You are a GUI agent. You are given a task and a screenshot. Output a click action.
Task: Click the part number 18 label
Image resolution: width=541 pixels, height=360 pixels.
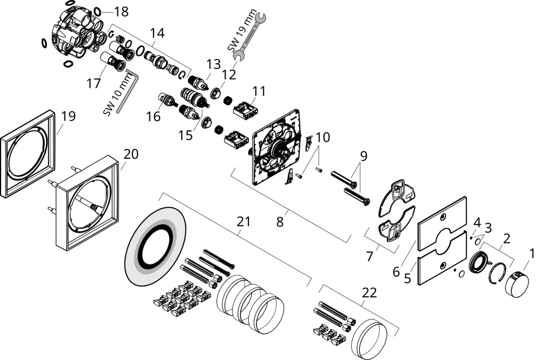click(121, 11)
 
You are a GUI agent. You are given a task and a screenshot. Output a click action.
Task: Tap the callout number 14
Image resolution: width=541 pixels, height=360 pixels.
click(157, 33)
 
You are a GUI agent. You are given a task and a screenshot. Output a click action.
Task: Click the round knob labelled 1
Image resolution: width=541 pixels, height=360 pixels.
click(517, 283)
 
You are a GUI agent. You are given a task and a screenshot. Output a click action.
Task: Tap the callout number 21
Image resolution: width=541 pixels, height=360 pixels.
click(243, 221)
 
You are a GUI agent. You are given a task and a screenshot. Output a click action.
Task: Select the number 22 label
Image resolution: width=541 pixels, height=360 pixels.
click(369, 293)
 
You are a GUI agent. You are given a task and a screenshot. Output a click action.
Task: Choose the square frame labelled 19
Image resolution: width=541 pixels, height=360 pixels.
click(28, 154)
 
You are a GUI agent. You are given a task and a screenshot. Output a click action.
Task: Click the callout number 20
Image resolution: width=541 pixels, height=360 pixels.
click(131, 154)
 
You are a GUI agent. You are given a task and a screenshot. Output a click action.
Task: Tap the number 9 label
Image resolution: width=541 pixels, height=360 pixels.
click(364, 156)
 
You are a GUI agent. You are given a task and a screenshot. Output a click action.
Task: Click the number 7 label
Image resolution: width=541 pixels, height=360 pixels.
click(370, 257)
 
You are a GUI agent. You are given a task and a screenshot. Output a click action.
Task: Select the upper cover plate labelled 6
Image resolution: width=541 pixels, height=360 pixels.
click(443, 224)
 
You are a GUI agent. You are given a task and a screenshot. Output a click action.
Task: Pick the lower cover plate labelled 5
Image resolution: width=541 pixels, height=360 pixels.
click(443, 259)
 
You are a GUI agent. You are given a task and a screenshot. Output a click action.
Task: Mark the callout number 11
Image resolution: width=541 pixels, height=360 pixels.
click(259, 91)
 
